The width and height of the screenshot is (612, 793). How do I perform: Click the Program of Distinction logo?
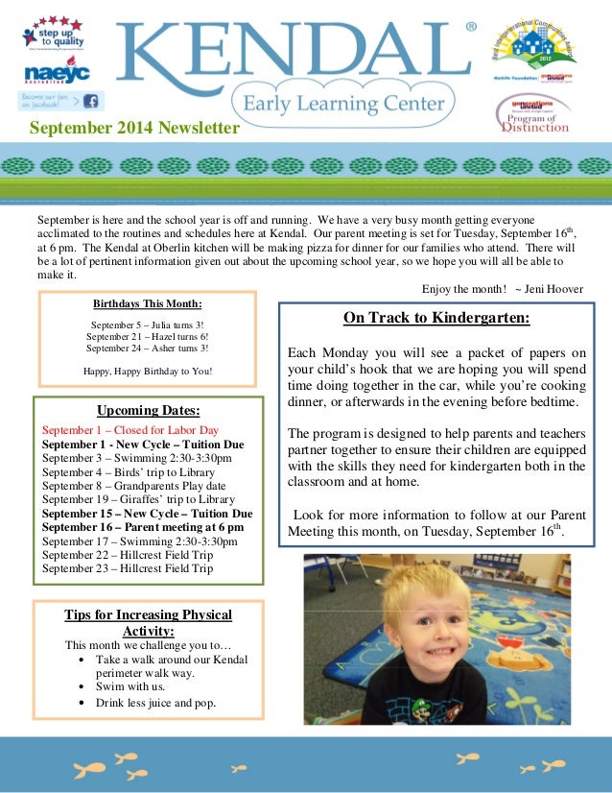point(533,116)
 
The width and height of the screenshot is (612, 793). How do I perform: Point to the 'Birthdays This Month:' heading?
point(147,304)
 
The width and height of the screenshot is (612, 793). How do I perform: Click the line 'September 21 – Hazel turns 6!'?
point(147,337)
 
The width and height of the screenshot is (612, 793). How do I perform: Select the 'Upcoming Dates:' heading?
point(148,411)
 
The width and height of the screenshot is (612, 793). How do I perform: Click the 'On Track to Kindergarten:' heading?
point(436,319)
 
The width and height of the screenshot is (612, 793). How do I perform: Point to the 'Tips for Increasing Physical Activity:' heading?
point(148,622)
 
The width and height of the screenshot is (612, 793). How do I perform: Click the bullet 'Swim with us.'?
point(130,686)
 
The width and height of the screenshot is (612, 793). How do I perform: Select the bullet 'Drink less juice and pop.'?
point(155,703)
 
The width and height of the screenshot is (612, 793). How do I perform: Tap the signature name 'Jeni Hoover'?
point(554,289)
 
